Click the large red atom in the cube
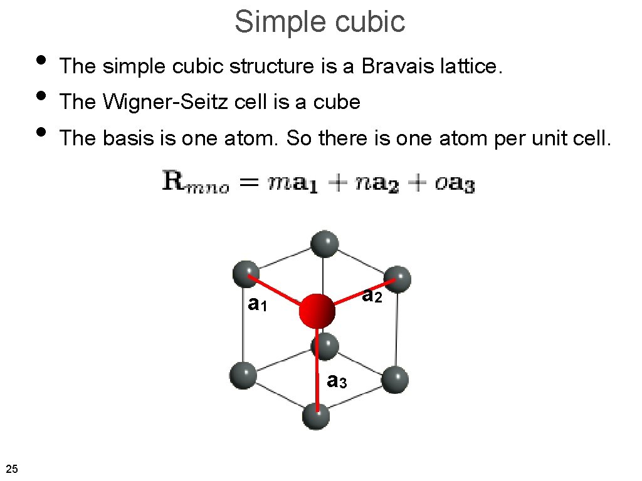[317, 311]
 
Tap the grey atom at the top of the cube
[324, 244]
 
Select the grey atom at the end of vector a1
[245, 274]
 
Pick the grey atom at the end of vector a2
[397, 279]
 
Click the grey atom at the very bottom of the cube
[317, 416]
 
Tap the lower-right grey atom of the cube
[394, 380]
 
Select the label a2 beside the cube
[372, 295]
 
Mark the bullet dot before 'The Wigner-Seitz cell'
[41, 96]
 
